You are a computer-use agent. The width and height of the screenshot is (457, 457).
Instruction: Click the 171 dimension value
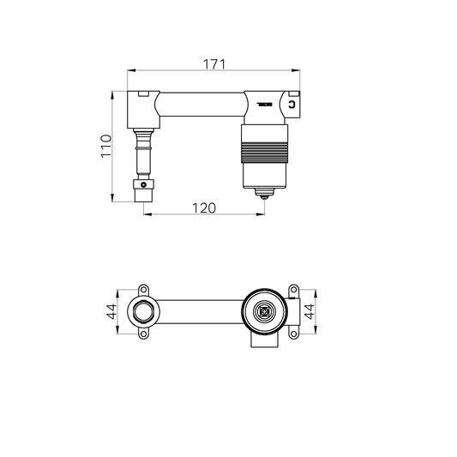(213, 63)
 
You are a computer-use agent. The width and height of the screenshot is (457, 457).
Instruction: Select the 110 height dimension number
(105, 147)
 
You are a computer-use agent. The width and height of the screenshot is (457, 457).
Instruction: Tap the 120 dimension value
(203, 207)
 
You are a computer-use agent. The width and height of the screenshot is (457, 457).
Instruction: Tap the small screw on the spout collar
(143, 185)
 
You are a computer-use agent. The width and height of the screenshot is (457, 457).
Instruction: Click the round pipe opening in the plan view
(143, 312)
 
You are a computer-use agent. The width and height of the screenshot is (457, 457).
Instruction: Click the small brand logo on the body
(262, 105)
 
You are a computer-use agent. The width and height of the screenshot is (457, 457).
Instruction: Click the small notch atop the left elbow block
(144, 92)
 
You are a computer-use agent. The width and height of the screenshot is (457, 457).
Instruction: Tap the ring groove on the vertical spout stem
(143, 147)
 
